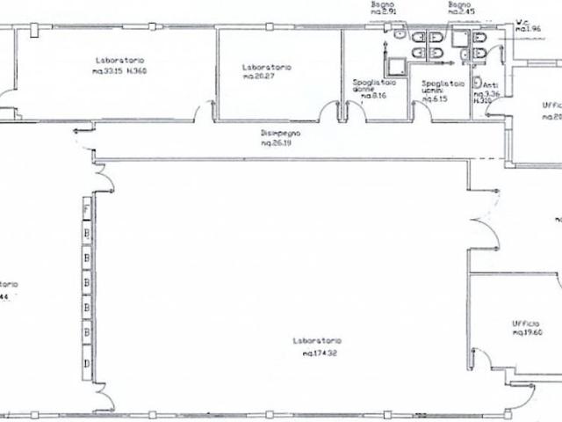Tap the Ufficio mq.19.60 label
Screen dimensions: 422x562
coord(530,328)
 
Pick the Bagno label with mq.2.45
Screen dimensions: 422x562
coord(460,9)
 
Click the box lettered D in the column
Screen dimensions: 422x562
coord(86,363)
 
